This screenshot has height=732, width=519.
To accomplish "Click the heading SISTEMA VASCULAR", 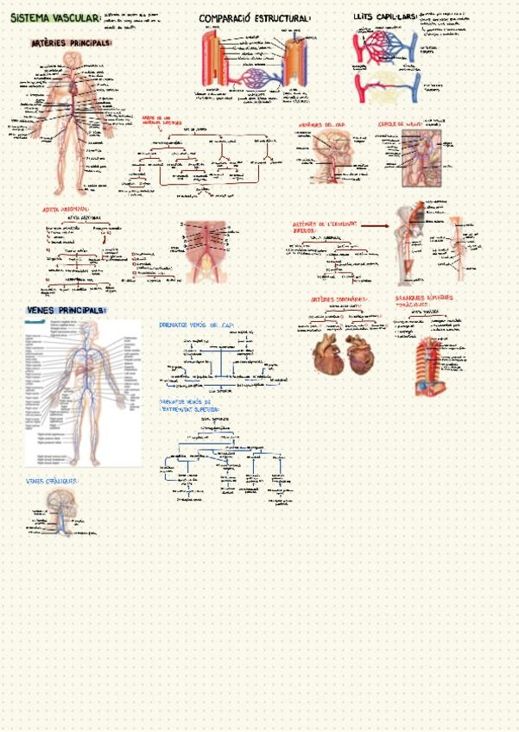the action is [54, 17].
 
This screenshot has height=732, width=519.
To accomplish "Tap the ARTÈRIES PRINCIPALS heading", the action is [71, 43].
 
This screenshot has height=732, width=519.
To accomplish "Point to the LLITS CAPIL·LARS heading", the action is [384, 17].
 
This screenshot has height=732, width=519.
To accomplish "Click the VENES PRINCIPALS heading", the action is [65, 310].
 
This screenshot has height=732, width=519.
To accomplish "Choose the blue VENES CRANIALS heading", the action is [52, 481].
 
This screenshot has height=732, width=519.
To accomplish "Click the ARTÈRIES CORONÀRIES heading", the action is [339, 300].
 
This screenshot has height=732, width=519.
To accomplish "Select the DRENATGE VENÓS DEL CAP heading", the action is [197, 325].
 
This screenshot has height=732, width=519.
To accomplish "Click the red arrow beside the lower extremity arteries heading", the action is [374, 225].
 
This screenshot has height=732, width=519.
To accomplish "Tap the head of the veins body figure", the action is [83, 330].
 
